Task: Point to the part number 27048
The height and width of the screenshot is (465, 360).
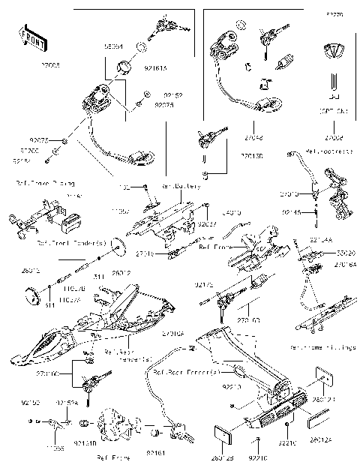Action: (x=253, y=138)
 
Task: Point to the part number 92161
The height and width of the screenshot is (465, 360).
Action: (x=155, y=453)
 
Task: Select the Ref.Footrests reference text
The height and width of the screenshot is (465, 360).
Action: (x=327, y=151)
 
